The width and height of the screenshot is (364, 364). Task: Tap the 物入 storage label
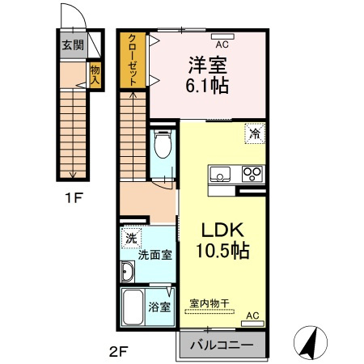[94, 75]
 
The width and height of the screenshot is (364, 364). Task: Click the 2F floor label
[119, 352]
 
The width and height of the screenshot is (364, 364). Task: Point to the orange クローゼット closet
[131, 59]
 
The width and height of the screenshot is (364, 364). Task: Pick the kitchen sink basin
[220, 173]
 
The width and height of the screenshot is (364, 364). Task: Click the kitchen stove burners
[252, 173]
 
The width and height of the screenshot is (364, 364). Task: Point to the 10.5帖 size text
[221, 250]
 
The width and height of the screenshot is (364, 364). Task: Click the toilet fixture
[162, 146]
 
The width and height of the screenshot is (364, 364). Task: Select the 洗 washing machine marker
[130, 239]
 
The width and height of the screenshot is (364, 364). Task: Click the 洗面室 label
[154, 255]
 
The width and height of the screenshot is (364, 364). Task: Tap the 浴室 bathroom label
[159, 307]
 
